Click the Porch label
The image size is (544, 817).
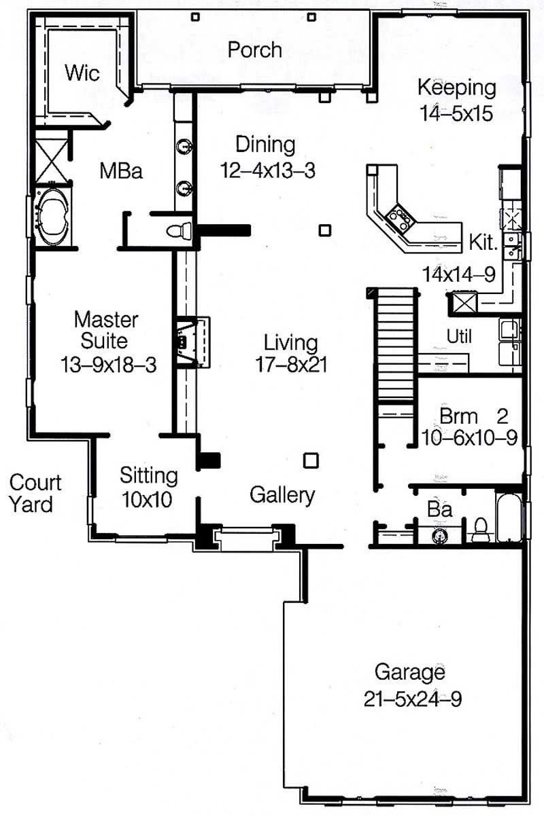pos(254,50)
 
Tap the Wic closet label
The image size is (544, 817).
pos(82,73)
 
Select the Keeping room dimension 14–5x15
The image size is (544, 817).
pos(456,113)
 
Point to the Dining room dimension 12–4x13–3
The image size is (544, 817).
pos(267,170)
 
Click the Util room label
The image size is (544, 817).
pos(458,336)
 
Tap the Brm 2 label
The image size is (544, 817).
pos(474,414)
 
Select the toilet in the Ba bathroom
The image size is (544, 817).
pos(481,528)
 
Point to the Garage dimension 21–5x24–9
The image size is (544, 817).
pos(412,699)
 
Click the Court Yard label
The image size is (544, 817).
pos(35,493)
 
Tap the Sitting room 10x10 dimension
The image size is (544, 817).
pos(146,500)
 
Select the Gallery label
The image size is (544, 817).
pos(282,495)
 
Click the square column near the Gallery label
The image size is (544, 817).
pos(311,460)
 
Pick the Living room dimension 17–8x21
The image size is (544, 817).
pos(290,364)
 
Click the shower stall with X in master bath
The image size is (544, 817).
pos(51,159)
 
